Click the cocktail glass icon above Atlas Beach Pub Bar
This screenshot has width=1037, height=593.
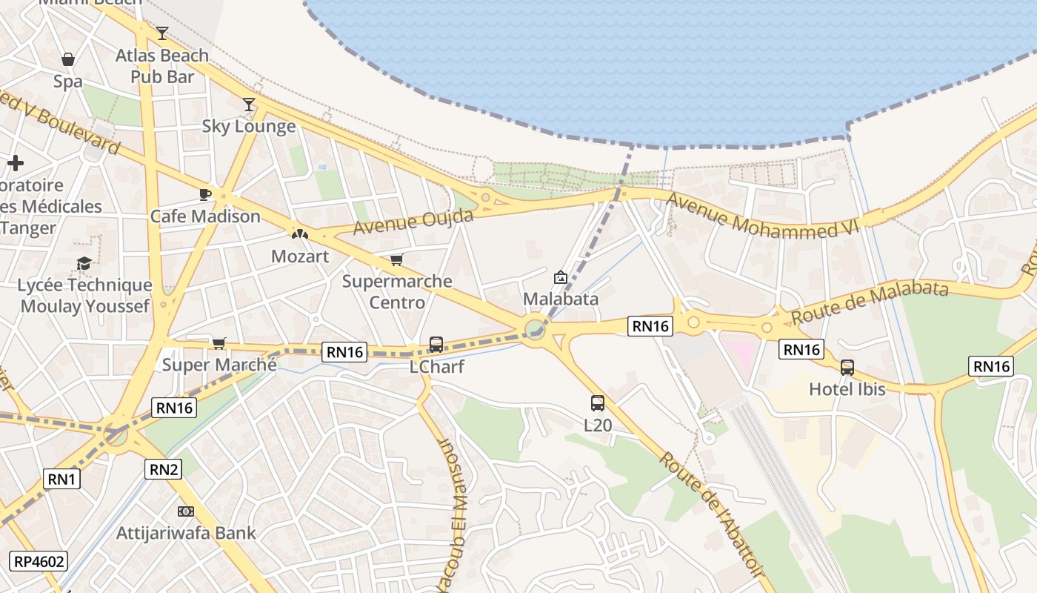(x=162, y=33)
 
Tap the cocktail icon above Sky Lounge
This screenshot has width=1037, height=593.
(x=249, y=105)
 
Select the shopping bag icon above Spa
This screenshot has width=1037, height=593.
(x=67, y=59)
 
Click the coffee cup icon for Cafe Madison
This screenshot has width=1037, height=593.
(x=205, y=194)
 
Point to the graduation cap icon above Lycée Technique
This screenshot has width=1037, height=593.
(x=84, y=263)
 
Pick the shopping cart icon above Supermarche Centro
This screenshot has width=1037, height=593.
(x=397, y=259)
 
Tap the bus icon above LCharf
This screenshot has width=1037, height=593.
(x=436, y=345)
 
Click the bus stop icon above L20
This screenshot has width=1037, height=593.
(x=598, y=403)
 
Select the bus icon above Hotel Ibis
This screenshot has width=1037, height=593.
(x=847, y=368)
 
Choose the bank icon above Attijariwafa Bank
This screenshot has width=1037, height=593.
(x=186, y=511)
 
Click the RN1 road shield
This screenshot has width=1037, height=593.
(x=61, y=479)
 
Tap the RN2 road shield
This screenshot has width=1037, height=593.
(x=164, y=468)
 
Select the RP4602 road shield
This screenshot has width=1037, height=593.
(x=38, y=561)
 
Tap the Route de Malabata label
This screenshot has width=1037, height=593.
(x=870, y=302)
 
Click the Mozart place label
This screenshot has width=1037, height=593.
(x=300, y=256)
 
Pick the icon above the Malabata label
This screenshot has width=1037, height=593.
(x=561, y=278)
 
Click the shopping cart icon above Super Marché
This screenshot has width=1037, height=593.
(x=219, y=343)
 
